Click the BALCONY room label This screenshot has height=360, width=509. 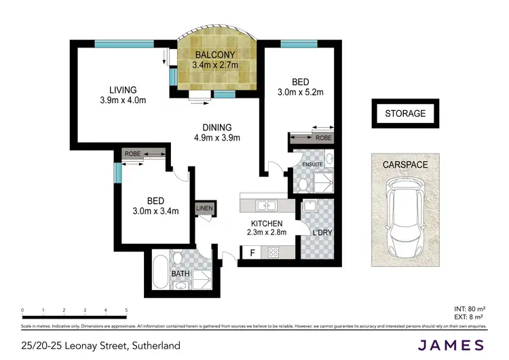[x=215, y=55]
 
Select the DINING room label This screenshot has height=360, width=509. [x=217, y=132]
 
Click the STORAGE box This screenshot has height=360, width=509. [x=405, y=113]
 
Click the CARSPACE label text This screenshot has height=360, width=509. [x=405, y=164]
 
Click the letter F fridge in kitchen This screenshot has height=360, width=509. [x=253, y=253]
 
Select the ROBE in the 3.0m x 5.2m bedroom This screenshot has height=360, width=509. [x=312, y=138]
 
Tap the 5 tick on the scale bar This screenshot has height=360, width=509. [x=126, y=310]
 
